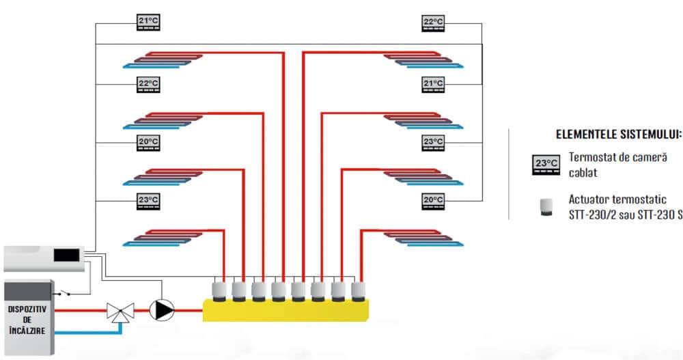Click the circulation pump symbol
tap(162, 309)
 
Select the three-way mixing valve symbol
tap(121, 312)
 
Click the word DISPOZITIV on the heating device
tap(27, 308)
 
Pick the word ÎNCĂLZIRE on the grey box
tap(27, 331)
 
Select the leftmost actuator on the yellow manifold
tap(220, 291)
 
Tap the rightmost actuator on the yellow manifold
tap(358, 291)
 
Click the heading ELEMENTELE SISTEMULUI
tap(619, 135)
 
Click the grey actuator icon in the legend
tap(546, 206)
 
